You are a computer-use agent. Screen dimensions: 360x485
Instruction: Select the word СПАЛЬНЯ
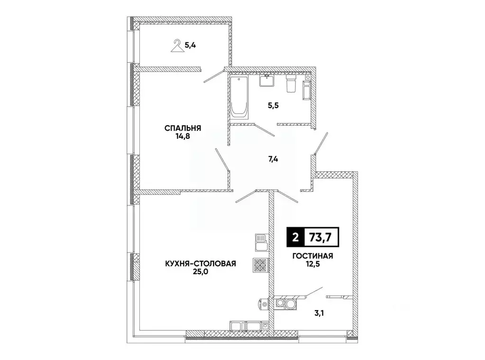(x=183, y=128)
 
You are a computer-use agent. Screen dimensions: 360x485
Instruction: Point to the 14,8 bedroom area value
(x=183, y=136)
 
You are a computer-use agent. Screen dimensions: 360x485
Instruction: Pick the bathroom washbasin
(x=267, y=80)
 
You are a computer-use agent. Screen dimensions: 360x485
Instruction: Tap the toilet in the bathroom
(x=292, y=84)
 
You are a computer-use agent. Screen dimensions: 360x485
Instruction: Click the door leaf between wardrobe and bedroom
(x=214, y=76)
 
